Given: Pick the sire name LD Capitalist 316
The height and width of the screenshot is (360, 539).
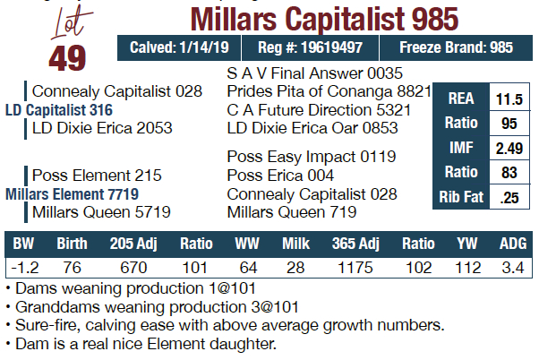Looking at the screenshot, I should [x=72, y=109].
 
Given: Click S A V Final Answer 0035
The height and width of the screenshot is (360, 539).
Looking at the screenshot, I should [x=315, y=73].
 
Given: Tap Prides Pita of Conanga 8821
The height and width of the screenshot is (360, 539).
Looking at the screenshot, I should [x=329, y=91].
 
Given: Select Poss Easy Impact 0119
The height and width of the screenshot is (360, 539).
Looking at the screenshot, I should [x=312, y=157].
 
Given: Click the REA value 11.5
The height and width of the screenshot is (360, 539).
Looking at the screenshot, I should [x=509, y=99].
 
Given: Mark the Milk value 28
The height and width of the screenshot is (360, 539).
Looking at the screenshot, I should [x=294, y=267].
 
